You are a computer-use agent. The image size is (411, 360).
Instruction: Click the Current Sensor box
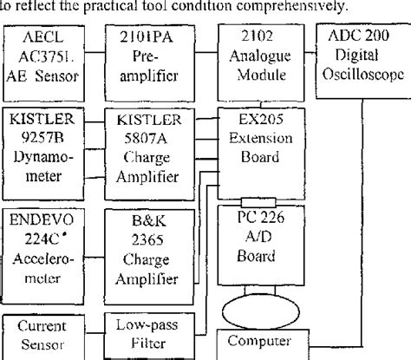coord(45,337)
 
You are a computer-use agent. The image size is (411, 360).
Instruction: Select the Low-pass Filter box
coord(147,337)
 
